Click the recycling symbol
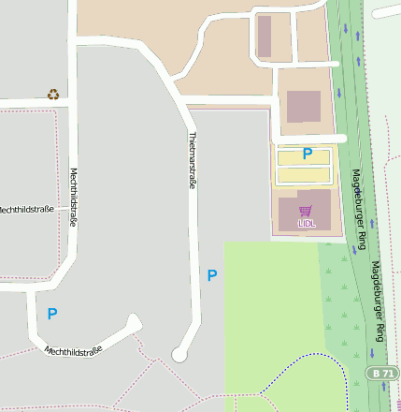pyautogui.click(x=53, y=94)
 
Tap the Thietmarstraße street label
pyautogui.click(x=193, y=161)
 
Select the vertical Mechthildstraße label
pyautogui.click(x=74, y=198)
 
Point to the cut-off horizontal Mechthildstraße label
pyautogui.click(x=23, y=209)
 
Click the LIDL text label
pyautogui.click(x=307, y=224)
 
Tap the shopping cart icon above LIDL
pyautogui.click(x=305, y=211)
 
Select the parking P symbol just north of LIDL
pyautogui.click(x=307, y=154)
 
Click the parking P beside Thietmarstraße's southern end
pyautogui.click(x=212, y=275)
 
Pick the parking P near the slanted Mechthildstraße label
pyautogui.click(x=52, y=315)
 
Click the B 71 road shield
pyautogui.click(x=381, y=373)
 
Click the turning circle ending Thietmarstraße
pyautogui.click(x=179, y=354)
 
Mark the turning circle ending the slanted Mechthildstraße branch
pyautogui.click(x=134, y=323)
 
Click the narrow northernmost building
pyautogui.click(x=265, y=37)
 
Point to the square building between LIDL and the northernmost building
pyautogui.click(x=303, y=106)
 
